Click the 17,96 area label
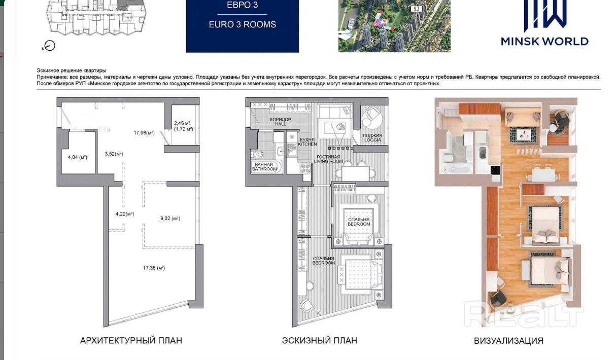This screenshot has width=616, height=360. pyautogui.click(x=144, y=133)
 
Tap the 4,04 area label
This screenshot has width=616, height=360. pyautogui.click(x=78, y=158)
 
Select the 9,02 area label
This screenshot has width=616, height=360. pyautogui.click(x=170, y=219)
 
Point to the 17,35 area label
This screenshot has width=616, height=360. pyautogui.click(x=154, y=268)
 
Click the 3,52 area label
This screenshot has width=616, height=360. pyautogui.click(x=114, y=154)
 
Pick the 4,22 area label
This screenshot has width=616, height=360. pyautogui.click(x=125, y=214)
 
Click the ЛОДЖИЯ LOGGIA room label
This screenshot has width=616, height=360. pyautogui.click(x=372, y=138)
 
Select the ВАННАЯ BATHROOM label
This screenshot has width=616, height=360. pyautogui.click(x=264, y=167)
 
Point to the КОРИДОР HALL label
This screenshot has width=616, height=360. pyautogui.click(x=281, y=122)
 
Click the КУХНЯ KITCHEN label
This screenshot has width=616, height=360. pyautogui.click(x=307, y=142)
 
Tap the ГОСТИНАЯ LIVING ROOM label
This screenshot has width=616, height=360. pyautogui.click(x=328, y=159)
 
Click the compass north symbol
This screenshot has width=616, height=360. pyautogui.click(x=50, y=46)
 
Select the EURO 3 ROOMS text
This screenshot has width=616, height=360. pyautogui.click(x=242, y=24)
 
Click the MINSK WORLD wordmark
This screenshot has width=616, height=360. pyautogui.click(x=544, y=42)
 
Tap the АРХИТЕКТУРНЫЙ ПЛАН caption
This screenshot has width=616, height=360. pyautogui.click(x=131, y=341)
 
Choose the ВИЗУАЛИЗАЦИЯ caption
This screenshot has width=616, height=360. pyautogui.click(x=508, y=341)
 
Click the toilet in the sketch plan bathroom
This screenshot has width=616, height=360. pyautogui.click(x=257, y=155)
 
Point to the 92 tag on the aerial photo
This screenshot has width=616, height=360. pyautogui.click(x=417, y=9)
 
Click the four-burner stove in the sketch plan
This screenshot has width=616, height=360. pyautogui.click(x=305, y=168)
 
